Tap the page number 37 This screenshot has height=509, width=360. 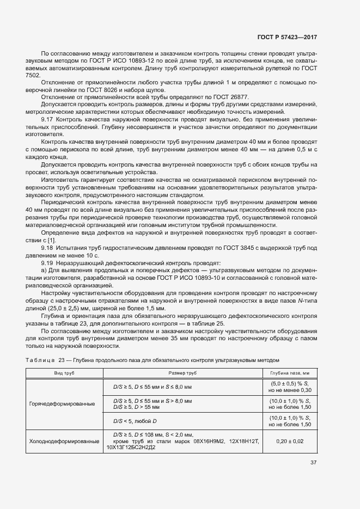click(x=314, y=463)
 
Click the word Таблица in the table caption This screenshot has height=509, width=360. click(x=41, y=360)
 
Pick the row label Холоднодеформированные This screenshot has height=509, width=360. click(x=64, y=441)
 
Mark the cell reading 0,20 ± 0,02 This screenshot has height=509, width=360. click(x=290, y=441)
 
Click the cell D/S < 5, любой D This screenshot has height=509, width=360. click(x=135, y=420)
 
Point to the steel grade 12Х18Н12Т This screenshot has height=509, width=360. click(x=245, y=441)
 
